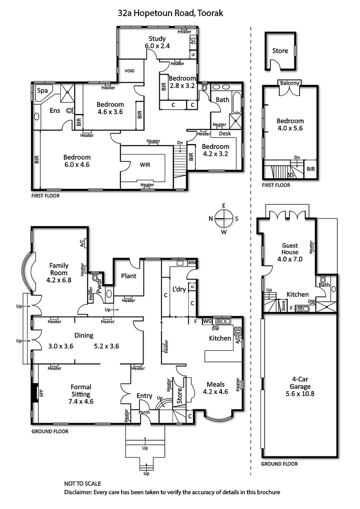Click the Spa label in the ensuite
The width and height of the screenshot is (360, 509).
42,90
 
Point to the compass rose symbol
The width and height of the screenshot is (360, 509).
223,219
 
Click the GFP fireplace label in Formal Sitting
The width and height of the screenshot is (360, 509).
41,393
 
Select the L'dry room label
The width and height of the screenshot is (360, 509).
179,290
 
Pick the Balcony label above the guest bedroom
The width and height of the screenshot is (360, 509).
290,83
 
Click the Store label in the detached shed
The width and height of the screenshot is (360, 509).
280,51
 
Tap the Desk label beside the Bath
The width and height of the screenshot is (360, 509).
225,134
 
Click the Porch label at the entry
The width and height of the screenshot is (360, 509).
144,412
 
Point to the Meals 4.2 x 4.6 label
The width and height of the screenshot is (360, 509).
217,388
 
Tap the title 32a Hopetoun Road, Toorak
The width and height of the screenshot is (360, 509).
170,13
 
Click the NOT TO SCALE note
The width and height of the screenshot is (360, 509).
83,484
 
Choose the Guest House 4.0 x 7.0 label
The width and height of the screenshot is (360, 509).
290,252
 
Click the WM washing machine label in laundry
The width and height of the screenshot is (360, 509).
192,262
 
